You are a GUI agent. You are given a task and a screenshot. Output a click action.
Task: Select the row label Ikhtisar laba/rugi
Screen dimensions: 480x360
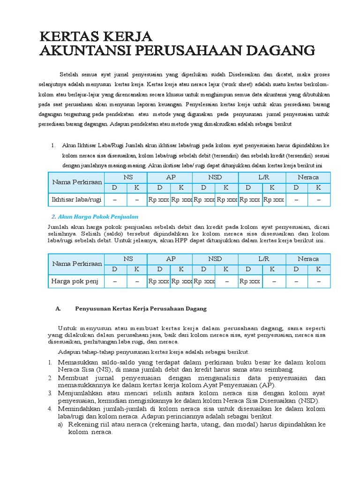point(76,200)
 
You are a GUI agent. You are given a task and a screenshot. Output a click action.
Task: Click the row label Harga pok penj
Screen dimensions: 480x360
point(75,281)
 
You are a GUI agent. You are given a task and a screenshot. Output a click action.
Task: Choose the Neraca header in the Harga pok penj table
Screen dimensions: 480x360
point(307,259)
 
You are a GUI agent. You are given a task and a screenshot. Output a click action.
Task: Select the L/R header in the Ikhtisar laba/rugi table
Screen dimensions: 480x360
point(262,177)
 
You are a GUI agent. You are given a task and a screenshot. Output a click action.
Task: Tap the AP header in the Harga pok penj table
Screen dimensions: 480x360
point(170,259)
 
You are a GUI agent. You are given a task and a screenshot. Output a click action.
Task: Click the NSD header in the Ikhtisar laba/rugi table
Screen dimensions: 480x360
point(216,177)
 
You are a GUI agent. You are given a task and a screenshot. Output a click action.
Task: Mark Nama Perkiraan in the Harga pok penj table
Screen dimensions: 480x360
point(76,264)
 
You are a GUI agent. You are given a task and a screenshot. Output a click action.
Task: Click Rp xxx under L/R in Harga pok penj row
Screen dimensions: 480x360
point(250,281)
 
